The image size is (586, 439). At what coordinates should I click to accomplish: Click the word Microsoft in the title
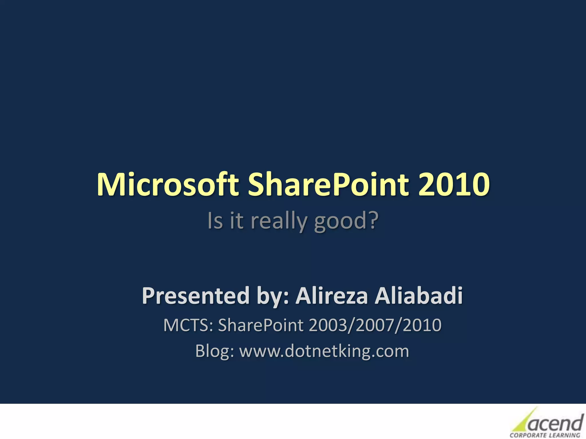(x=168, y=185)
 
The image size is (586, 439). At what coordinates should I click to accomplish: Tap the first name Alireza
(x=331, y=296)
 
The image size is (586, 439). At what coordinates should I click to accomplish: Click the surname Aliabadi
(x=419, y=296)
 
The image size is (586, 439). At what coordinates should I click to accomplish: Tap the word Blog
(x=214, y=351)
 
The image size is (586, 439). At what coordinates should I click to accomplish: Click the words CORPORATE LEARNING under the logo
(x=545, y=435)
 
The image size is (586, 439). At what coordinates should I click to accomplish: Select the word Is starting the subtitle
(x=215, y=221)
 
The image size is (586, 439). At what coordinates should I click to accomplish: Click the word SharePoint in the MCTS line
(x=261, y=325)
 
